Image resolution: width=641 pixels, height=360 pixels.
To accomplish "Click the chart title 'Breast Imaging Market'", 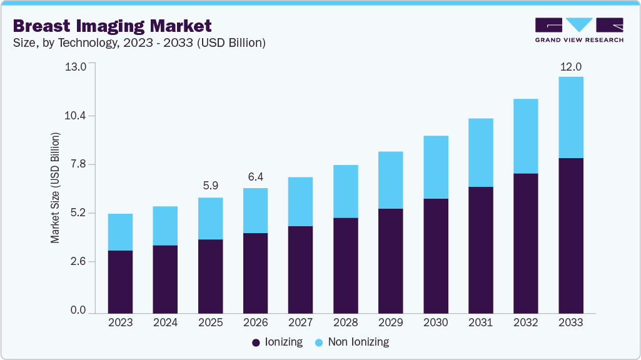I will [113, 26].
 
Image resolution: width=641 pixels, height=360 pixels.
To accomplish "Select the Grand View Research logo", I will [579, 30].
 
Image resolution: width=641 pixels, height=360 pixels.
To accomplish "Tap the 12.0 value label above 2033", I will [570, 67].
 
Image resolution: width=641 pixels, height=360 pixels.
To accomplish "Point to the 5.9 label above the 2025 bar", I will [210, 186].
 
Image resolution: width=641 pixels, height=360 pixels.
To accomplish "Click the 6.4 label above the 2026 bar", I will [255, 177].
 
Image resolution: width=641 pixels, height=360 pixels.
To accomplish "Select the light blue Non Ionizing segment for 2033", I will [570, 117].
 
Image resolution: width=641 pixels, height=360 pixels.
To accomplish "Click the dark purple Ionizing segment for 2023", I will [120, 281].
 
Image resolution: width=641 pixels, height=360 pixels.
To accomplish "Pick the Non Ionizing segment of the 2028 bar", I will [345, 191].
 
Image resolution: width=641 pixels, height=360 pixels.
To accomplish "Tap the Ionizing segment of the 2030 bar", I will [435, 256].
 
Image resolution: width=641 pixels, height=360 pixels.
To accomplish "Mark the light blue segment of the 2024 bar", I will [165, 226].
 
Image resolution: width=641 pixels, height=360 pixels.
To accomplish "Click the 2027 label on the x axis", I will [300, 322].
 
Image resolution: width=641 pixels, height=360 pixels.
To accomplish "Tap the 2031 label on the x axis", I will [480, 322].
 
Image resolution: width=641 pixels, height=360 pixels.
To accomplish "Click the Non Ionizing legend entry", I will [351, 342].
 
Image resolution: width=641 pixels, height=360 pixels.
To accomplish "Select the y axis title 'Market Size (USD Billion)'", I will [56, 187].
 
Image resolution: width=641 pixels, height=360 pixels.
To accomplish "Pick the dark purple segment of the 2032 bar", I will [525, 243].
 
